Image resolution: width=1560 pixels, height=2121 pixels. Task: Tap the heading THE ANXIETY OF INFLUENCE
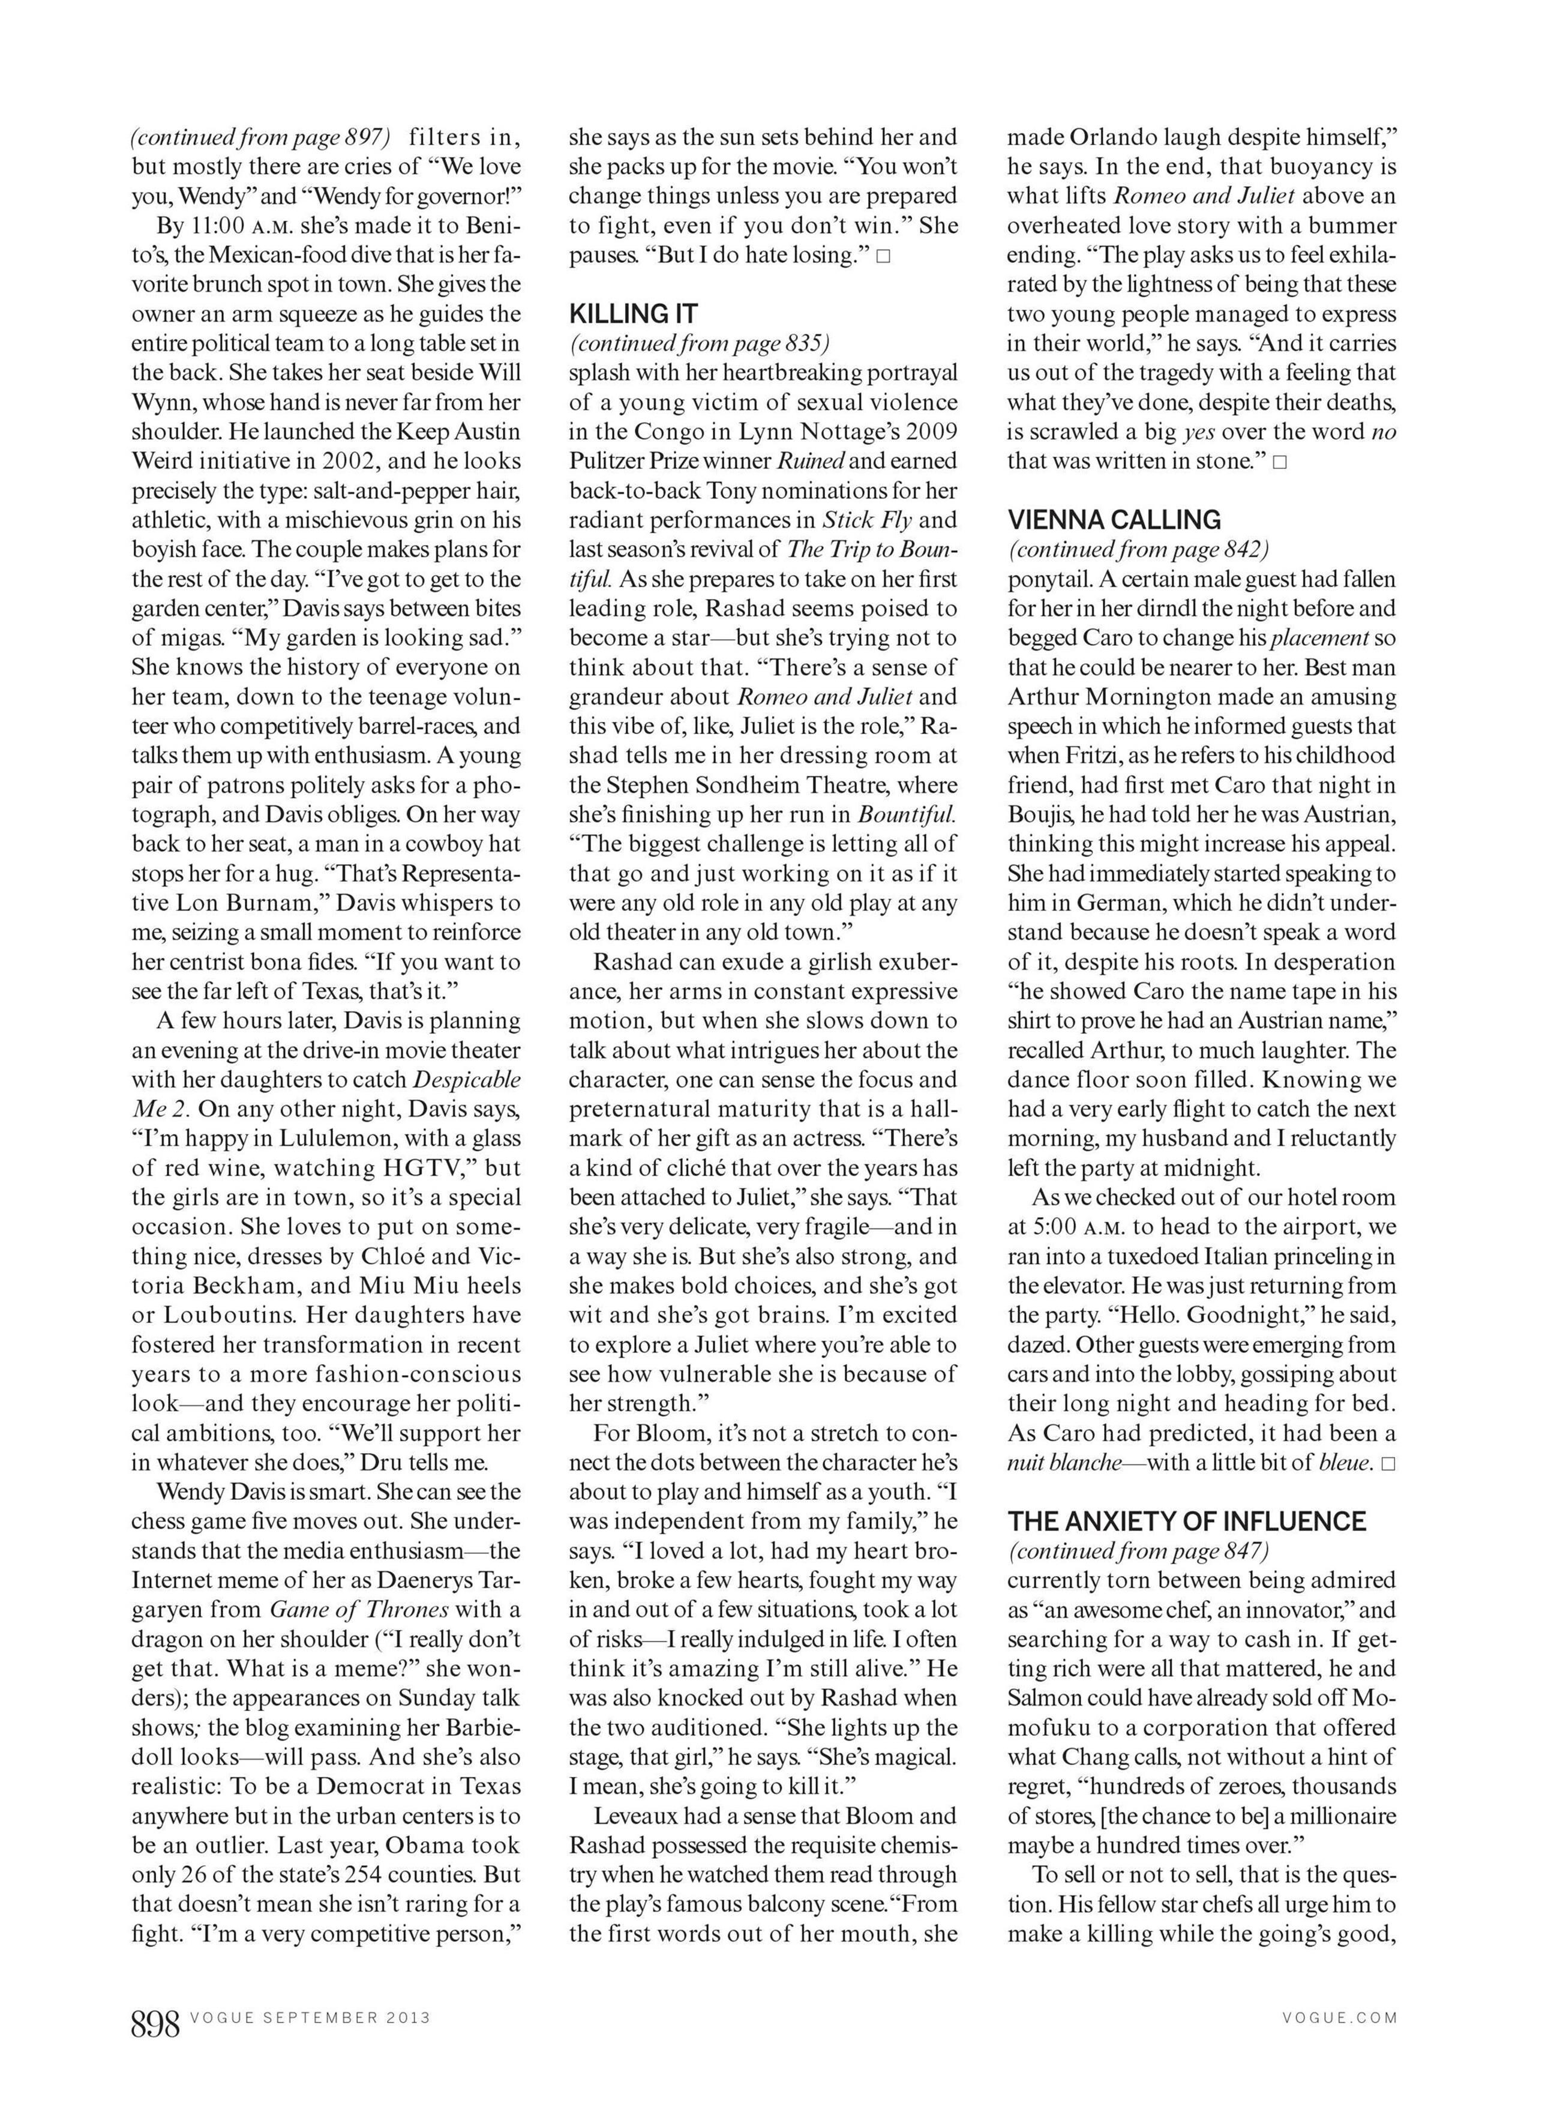[x=1186, y=1521]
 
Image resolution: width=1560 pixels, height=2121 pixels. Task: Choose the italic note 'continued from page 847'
[x=1138, y=1551]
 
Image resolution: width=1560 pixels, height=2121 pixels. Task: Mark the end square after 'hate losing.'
[x=883, y=256]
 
